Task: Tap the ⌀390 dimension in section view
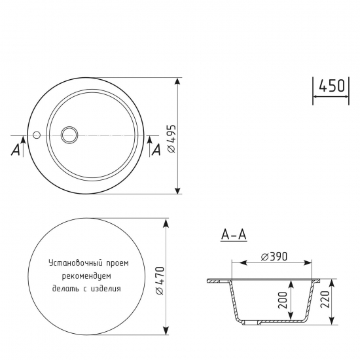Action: coord(274,255)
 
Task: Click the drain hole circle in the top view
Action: coord(69,135)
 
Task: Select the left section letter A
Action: coord(14,150)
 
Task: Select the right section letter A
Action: coord(156,150)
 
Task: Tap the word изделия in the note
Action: coord(107,287)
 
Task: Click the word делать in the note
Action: coord(65,287)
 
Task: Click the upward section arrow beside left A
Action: coord(24,139)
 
